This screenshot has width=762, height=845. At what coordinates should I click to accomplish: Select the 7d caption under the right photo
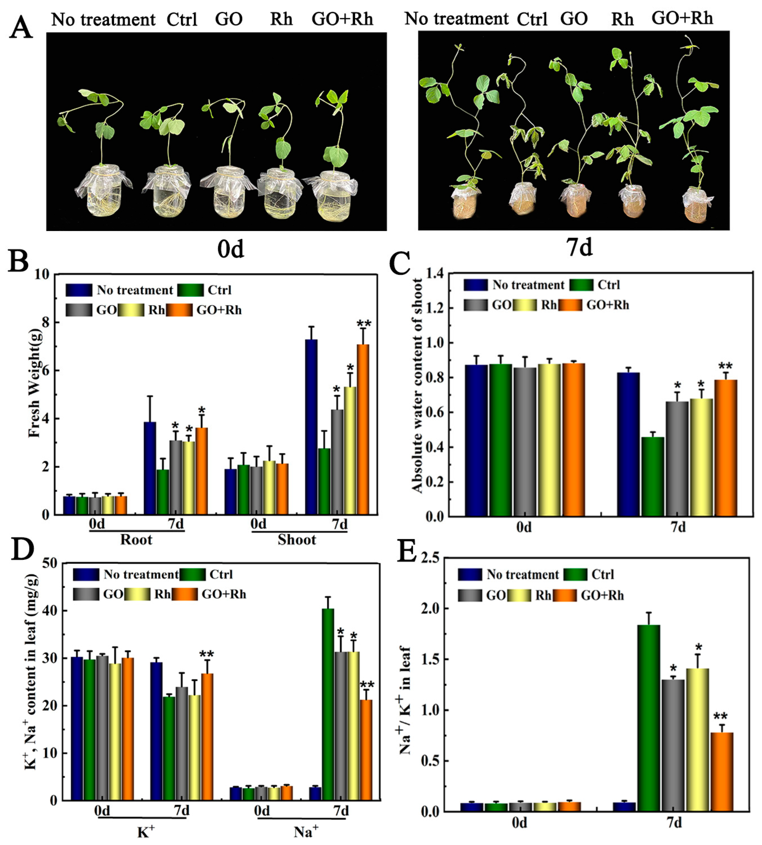pyautogui.click(x=579, y=247)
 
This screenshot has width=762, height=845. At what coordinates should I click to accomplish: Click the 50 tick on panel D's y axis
pyautogui.click(x=50, y=563)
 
